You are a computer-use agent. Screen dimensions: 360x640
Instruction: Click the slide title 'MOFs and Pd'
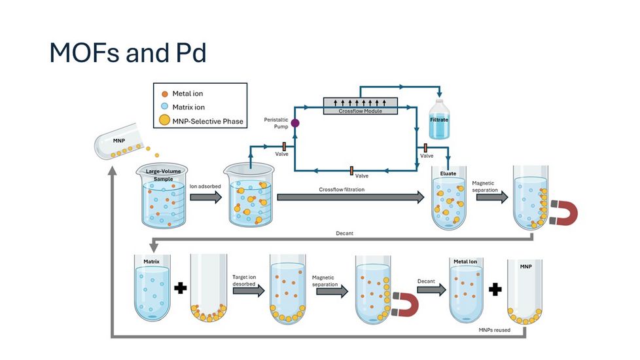[x=128, y=52]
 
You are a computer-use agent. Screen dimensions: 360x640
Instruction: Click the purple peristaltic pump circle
[x=295, y=122]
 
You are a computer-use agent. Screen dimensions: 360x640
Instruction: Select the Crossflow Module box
[x=361, y=105]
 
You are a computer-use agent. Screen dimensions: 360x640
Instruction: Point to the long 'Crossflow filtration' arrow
[x=350, y=197]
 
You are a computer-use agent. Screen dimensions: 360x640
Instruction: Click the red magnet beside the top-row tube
[x=563, y=213]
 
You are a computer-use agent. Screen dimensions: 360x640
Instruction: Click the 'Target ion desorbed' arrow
[x=248, y=290]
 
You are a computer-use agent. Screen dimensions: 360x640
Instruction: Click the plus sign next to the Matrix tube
[x=181, y=288]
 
